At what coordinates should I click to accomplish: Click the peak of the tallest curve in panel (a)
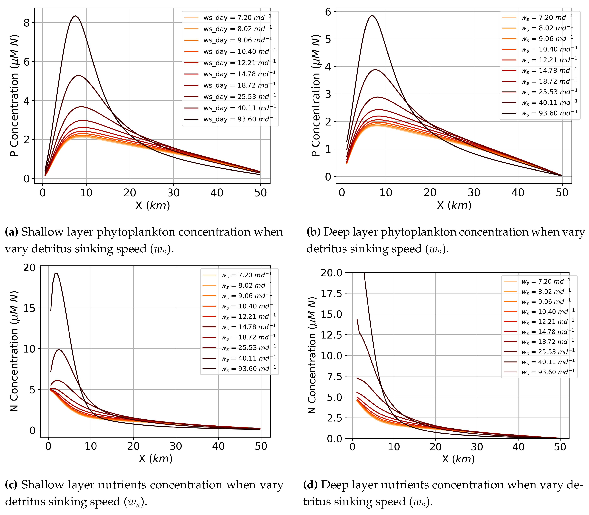coord(75,16)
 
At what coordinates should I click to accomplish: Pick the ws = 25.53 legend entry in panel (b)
coord(540,92)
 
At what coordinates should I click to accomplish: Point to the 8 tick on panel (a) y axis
coord(27,23)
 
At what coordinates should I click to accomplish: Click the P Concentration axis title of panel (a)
coord(14,96)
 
